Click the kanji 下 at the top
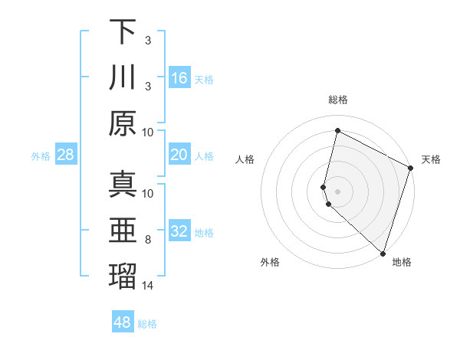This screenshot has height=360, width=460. (123, 32)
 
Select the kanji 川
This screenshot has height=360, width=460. (123, 77)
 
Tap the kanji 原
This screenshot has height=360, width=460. (123, 123)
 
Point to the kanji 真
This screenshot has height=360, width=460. (123, 185)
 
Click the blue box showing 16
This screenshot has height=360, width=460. (179, 77)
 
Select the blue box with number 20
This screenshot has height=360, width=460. (179, 155)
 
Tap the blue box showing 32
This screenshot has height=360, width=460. (179, 231)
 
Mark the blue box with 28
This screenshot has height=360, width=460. (66, 155)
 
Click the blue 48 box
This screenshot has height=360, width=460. (123, 322)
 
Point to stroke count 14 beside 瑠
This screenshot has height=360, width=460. (148, 286)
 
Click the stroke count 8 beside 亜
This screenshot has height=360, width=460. (148, 241)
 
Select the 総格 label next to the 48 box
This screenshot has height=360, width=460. (147, 324)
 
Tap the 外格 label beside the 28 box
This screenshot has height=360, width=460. (41, 156)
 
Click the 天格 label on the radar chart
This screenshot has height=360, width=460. (431, 159)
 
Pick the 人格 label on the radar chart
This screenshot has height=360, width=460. (245, 159)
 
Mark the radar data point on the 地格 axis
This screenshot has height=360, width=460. (383, 254)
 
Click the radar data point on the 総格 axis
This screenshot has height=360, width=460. (337, 130)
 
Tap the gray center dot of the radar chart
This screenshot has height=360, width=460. (337, 190)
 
